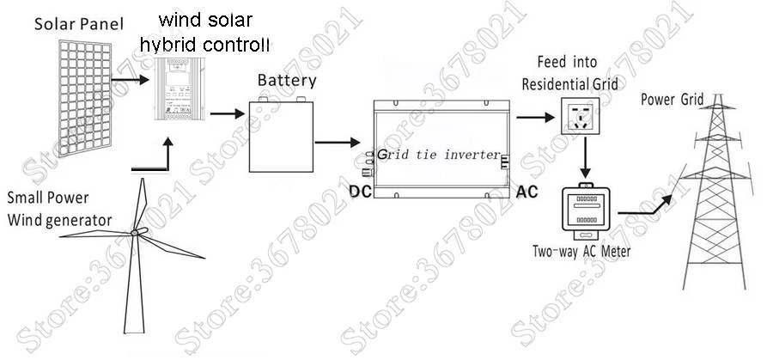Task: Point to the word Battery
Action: click(287, 82)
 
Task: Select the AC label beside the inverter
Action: click(526, 191)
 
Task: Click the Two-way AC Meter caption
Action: click(581, 252)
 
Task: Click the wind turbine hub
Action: click(135, 234)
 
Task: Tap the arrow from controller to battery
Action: click(225, 113)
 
